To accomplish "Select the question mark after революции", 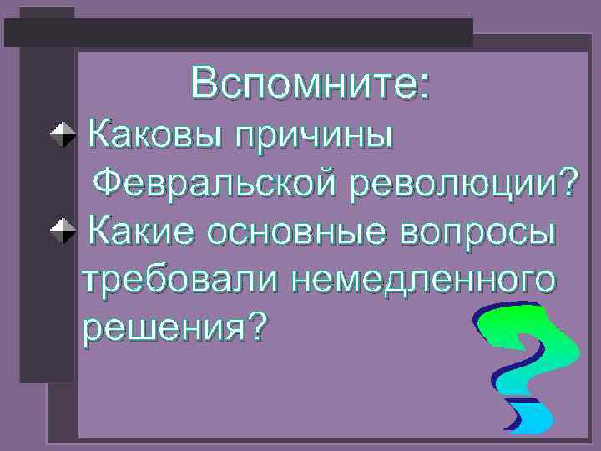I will [x=567, y=182].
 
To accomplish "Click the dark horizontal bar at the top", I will [x=238, y=32].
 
